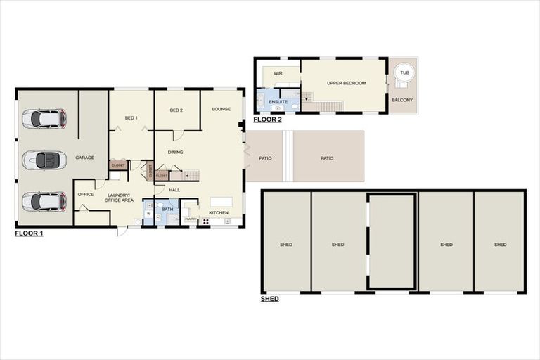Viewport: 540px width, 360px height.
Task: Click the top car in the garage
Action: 44,118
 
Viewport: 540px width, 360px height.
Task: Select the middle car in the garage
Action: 44,160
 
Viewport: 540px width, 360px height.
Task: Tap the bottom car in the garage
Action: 44,202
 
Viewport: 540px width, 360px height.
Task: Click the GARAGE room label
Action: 85,157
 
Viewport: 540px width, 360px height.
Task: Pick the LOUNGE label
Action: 221,110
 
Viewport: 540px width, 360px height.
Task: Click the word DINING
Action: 176,152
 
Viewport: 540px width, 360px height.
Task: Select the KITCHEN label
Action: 219,212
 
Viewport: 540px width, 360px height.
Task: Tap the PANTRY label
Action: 190,219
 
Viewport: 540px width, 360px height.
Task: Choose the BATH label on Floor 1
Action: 167,209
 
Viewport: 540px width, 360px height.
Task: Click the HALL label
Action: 174,189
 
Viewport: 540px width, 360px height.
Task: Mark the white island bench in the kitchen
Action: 221,201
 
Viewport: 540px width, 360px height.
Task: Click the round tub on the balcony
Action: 404,72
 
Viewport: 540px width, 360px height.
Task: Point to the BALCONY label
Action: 402,100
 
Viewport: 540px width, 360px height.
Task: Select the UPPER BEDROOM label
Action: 347,83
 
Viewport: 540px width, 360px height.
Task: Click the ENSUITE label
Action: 278,102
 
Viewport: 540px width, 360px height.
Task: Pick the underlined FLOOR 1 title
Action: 29,233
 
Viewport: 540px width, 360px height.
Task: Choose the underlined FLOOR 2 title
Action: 268,120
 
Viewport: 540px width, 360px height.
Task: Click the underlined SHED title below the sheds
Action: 269,299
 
